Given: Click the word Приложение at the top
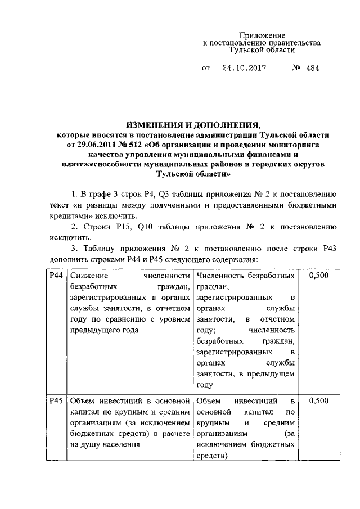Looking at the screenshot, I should click(x=263, y=35).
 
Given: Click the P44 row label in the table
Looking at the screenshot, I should click(x=55, y=276).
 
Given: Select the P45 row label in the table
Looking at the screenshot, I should click(x=55, y=401).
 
